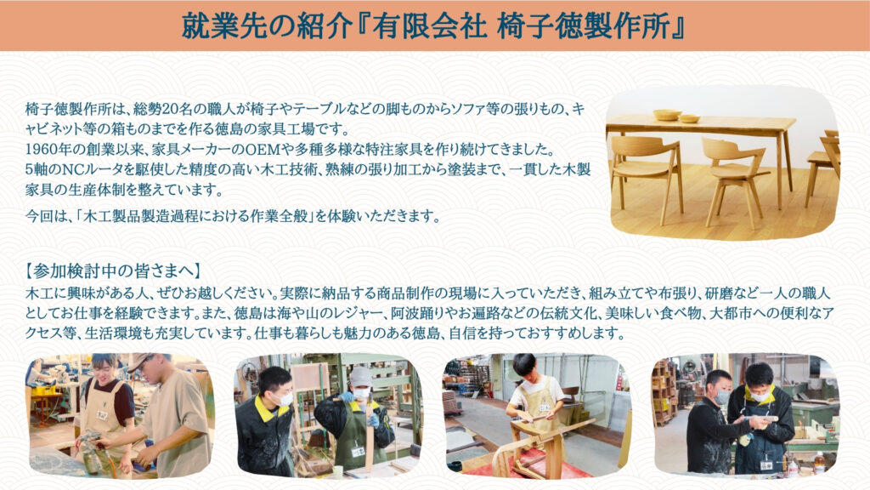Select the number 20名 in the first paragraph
coord(170,109)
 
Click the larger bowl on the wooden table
coord(666,115)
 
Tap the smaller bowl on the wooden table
coord(690,118)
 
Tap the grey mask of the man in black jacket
coord(721,396)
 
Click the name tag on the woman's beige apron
coord(102,414)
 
